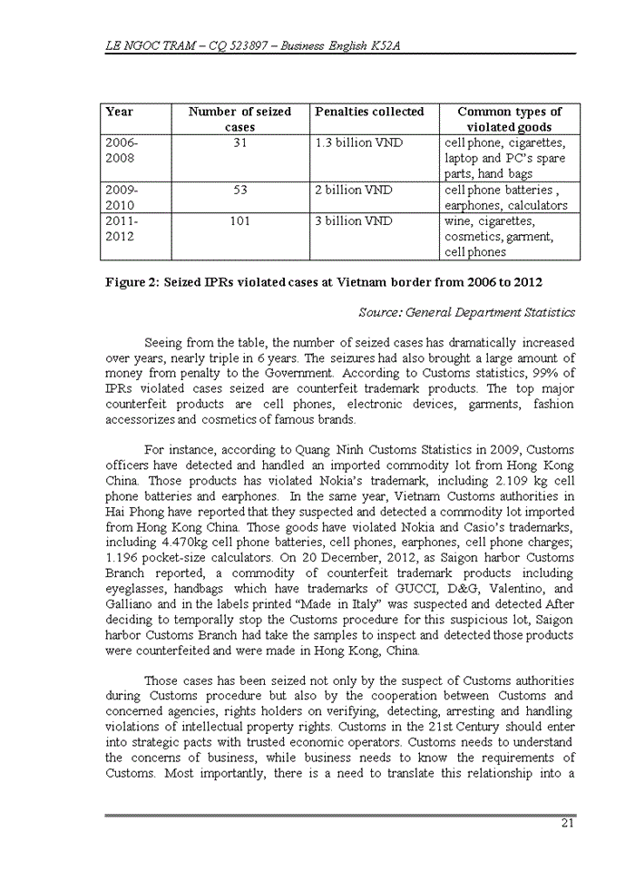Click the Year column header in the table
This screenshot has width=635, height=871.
coord(120,112)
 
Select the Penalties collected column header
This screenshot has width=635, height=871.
coord(369,112)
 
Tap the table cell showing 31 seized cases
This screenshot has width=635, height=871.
coord(239,143)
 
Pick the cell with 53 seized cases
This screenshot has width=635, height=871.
coord(239,191)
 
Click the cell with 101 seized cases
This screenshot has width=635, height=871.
coord(239,221)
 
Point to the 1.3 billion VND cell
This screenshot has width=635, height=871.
coord(359,143)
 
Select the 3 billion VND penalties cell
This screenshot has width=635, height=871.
coord(354,221)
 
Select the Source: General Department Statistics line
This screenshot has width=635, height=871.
coord(466,312)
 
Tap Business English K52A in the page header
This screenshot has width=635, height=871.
coord(330,44)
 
